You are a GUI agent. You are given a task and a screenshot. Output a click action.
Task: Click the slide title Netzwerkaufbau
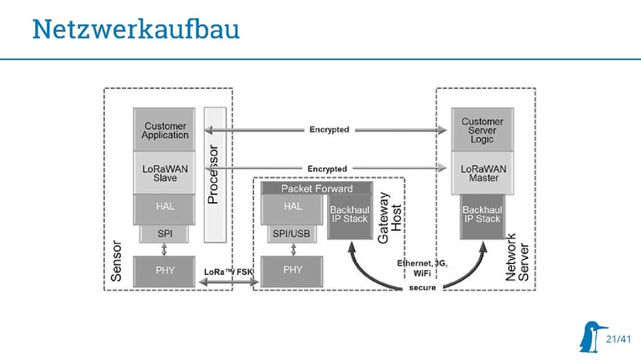tap(135, 30)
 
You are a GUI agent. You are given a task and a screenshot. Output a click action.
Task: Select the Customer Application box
tap(166, 130)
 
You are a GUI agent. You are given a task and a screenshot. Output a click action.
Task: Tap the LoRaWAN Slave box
tap(166, 172)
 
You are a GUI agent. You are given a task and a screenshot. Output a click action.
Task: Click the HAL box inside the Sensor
tap(166, 207)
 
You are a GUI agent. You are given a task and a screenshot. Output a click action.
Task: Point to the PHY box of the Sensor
tap(166, 271)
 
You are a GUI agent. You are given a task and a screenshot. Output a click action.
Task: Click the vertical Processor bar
tap(213, 173)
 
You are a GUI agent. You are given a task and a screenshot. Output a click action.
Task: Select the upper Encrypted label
tap(329, 130)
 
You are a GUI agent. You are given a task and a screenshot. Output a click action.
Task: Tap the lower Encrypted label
tap(327, 169)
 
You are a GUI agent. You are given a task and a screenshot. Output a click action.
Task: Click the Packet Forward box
tap(315, 188)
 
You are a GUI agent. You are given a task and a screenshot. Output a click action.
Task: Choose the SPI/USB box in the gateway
tap(292, 233)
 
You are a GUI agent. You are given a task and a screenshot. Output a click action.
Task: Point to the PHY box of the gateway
tap(292, 271)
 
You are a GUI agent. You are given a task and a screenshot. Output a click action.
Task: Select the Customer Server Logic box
tap(483, 130)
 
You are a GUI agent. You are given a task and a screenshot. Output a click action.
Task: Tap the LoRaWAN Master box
tap(483, 172)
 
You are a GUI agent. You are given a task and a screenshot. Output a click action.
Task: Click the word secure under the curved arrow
tap(422, 287)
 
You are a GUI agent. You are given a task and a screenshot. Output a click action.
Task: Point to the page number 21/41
tap(619, 340)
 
